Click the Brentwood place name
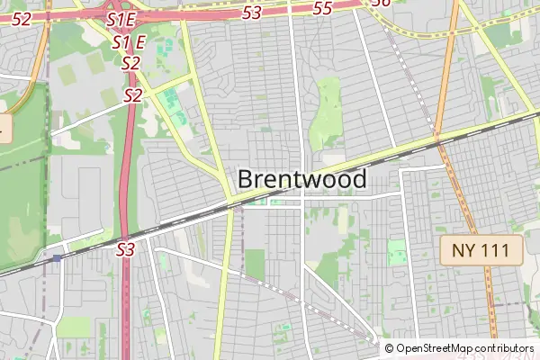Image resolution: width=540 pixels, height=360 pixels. tap(302, 179)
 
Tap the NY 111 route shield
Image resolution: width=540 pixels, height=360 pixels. tap(481, 251)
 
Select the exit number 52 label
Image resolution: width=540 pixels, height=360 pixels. tap(22, 18)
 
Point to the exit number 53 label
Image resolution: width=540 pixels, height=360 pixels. tap(253, 12)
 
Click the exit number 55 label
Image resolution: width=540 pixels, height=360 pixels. tap(322, 8)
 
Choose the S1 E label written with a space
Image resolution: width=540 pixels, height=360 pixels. tap(129, 42)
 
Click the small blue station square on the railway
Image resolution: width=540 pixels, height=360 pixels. tap(58, 257)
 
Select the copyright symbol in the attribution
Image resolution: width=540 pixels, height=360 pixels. tap(389, 348)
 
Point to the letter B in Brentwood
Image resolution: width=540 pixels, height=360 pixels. tap(245, 179)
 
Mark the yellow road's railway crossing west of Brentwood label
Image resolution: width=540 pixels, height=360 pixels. tap(229, 207)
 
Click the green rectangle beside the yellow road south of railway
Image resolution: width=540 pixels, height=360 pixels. tap(255, 264)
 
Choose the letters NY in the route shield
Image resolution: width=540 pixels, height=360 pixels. tap(463, 251)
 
